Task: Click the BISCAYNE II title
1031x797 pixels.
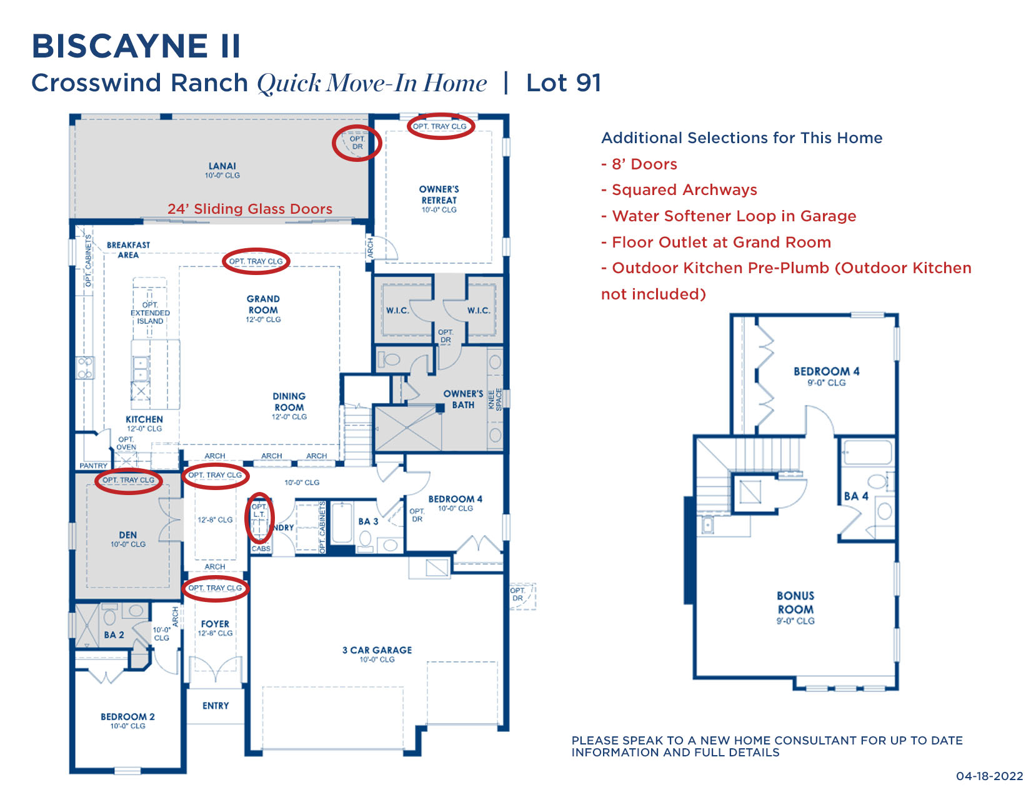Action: click(136, 46)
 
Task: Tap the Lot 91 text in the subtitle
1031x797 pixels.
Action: click(563, 83)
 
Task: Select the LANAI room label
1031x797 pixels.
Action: click(222, 166)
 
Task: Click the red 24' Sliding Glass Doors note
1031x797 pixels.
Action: click(250, 209)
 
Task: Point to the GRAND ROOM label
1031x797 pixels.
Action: click(263, 304)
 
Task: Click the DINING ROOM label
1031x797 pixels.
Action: click(289, 402)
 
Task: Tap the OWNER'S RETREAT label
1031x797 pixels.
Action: click(439, 194)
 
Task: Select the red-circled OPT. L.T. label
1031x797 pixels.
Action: click(259, 511)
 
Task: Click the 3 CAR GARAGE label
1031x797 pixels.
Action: click(377, 650)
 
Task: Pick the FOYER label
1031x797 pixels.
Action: click(215, 624)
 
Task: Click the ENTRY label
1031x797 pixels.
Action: click(216, 706)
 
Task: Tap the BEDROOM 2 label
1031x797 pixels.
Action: click(127, 717)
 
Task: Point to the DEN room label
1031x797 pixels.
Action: click(128, 535)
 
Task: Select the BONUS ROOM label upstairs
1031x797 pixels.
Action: click(795, 603)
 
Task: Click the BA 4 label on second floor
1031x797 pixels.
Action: click(856, 496)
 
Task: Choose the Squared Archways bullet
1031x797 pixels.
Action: click(679, 190)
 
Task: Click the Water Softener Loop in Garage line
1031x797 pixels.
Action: click(729, 216)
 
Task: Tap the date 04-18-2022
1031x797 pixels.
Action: click(989, 776)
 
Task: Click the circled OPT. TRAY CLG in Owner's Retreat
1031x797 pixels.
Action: click(440, 126)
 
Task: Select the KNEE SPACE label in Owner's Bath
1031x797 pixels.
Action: click(495, 399)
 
